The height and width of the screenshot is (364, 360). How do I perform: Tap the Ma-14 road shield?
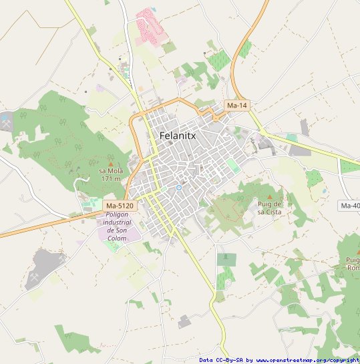coord(236,106)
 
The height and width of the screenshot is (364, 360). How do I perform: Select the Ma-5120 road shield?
coord(120,205)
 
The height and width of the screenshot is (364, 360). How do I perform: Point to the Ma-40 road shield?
coord(350,205)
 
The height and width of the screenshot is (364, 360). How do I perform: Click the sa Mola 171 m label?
coord(111,174)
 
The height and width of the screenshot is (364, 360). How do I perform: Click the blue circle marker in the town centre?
coord(179,188)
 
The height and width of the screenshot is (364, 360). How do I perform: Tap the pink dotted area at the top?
coord(151,26)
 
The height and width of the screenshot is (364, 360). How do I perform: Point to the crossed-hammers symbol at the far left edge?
coord(6,124)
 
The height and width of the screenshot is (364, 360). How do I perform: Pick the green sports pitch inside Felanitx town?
coord(232,165)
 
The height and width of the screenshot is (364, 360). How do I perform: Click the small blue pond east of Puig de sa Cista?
coord(325,190)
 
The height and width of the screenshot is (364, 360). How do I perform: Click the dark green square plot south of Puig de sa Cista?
coord(226,259)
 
